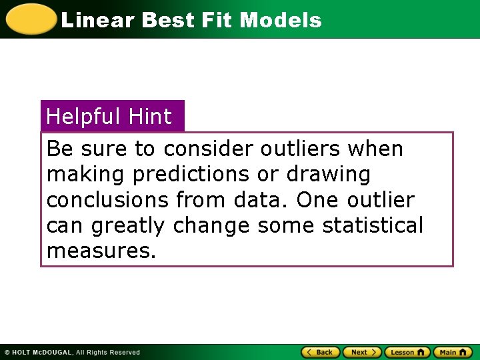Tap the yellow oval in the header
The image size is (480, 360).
(31, 19)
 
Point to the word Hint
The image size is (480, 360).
(150, 117)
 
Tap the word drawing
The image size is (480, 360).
(328, 175)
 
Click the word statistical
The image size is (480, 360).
(373, 225)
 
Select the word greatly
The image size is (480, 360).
(127, 227)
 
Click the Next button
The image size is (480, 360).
(362, 352)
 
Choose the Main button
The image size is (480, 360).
(452, 352)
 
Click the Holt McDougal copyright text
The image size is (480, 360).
(72, 353)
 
